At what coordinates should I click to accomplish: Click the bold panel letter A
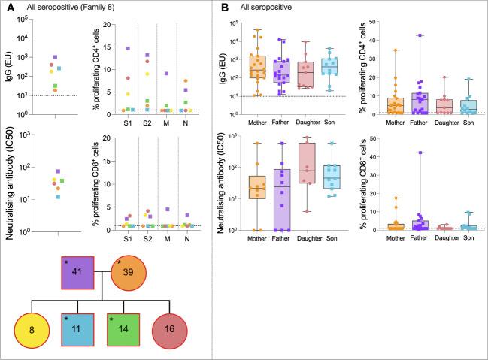coord(9,8)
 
